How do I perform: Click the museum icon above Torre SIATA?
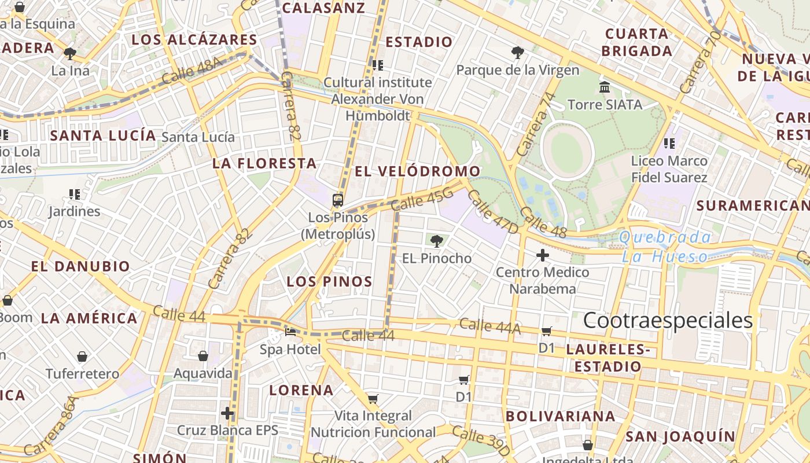tap(605, 87)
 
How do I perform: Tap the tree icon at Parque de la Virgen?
tap(518, 53)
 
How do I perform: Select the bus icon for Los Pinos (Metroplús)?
tap(338, 200)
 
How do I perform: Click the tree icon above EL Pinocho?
tap(436, 241)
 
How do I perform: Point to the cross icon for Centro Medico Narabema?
tap(542, 255)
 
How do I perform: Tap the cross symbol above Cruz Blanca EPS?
tap(227, 413)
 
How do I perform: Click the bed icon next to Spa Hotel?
tap(290, 332)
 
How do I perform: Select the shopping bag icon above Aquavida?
tap(203, 356)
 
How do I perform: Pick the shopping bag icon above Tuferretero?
tap(82, 357)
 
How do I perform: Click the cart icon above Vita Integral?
tap(373, 399)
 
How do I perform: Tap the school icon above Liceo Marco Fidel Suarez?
tap(669, 143)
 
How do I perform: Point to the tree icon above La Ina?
tap(70, 54)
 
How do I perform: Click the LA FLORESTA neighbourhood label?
tap(264, 163)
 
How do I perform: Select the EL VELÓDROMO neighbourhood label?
tap(417, 171)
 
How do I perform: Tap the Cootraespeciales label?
tap(668, 320)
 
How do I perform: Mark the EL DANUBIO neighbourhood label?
tap(80, 267)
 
